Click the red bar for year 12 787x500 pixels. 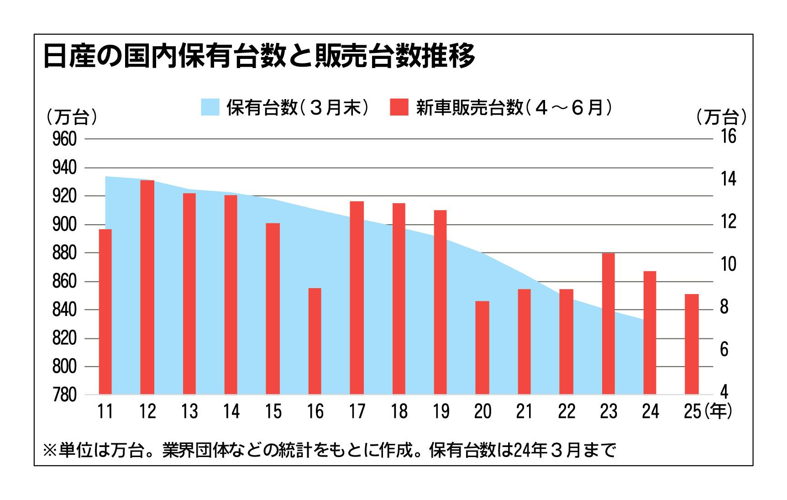tap(147, 287)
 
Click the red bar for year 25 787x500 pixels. tap(692, 344)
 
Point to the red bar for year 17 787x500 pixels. tap(357, 297)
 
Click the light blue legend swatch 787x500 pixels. tap(210, 107)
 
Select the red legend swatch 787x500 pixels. tap(399, 107)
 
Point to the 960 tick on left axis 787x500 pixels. tap(64, 139)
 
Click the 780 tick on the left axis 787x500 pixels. tap(64, 395)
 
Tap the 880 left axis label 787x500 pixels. tap(64, 253)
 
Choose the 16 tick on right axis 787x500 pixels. tap(728, 137)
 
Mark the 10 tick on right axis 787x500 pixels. tap(728, 264)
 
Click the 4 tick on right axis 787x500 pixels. tap(724, 392)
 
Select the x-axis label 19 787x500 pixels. tap(441, 412)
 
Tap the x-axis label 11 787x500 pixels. tap(105, 412)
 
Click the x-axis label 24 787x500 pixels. tap(650, 412)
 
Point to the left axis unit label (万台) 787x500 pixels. tap(72, 117)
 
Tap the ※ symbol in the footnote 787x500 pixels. tap(49, 451)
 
